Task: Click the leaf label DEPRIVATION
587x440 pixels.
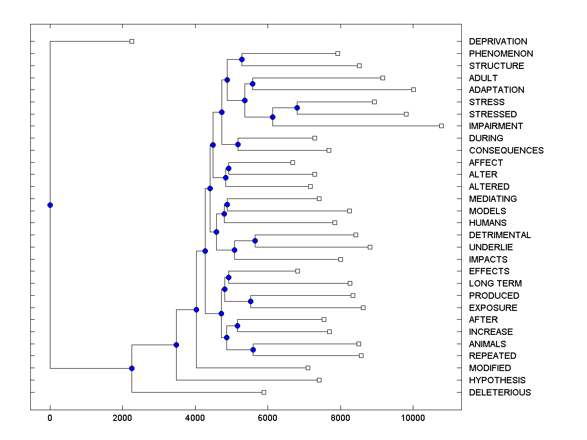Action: click(498, 42)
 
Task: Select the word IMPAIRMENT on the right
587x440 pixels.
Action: click(496, 126)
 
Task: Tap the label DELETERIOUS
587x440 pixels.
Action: click(499, 393)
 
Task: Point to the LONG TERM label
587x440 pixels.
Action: click(495, 284)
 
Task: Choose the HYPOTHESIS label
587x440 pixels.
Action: click(497, 380)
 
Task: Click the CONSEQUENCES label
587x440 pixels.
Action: click(506, 151)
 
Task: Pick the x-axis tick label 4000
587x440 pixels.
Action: click(195, 418)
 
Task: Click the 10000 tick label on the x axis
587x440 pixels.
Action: click(413, 418)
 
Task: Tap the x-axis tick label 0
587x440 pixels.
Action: click(50, 418)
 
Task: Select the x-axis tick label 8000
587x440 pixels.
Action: click(340, 418)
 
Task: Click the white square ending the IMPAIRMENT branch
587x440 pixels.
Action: click(441, 126)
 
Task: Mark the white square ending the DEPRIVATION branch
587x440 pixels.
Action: click(132, 41)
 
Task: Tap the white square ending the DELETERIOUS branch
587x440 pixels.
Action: click(264, 392)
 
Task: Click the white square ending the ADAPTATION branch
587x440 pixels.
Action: click(413, 89)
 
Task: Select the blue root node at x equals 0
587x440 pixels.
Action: click(50, 205)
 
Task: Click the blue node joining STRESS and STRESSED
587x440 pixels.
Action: click(297, 108)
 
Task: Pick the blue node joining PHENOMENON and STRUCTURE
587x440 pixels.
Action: click(242, 59)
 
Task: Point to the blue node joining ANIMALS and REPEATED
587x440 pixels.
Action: click(253, 350)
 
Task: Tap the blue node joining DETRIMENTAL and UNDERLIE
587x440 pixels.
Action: click(255, 241)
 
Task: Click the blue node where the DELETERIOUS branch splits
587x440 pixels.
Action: click(132, 368)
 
